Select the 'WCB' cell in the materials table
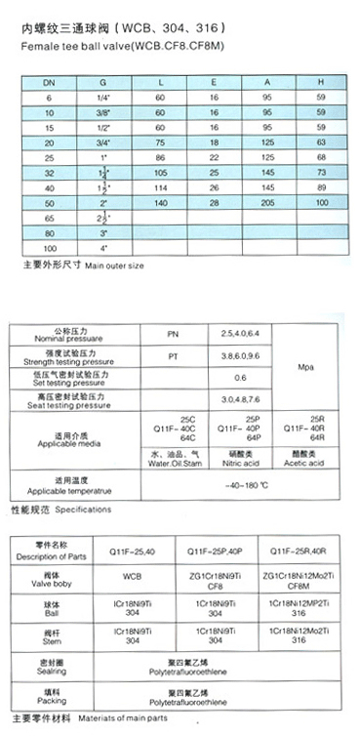click(133, 577)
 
